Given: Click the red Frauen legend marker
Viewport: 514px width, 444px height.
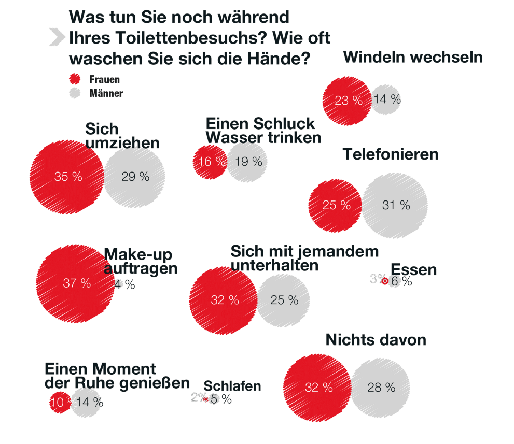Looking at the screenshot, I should click(x=75, y=79).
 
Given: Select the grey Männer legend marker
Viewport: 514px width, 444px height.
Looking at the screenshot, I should click(x=75, y=93).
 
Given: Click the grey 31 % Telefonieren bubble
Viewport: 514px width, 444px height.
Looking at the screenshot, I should click(x=395, y=205).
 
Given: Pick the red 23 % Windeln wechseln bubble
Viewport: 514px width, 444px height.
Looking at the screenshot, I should click(x=346, y=100).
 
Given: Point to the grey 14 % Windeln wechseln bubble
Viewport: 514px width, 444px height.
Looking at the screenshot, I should click(x=386, y=99).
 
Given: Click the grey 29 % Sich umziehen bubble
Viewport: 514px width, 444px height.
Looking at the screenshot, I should click(x=135, y=177).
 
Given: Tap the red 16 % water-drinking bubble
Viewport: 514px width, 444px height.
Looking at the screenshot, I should click(x=210, y=162).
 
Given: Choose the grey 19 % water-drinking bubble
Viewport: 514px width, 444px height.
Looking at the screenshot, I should click(x=248, y=162).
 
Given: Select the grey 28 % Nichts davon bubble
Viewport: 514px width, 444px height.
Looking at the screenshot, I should click(x=381, y=387).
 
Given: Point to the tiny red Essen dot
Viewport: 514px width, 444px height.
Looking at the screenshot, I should click(x=385, y=281).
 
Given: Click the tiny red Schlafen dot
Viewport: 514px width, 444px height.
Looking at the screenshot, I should click(x=206, y=399).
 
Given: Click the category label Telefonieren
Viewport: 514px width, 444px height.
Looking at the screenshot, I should click(x=390, y=154).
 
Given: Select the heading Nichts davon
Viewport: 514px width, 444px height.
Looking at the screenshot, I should click(x=376, y=340).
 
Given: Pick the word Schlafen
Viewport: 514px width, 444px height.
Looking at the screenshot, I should click(x=232, y=386).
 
